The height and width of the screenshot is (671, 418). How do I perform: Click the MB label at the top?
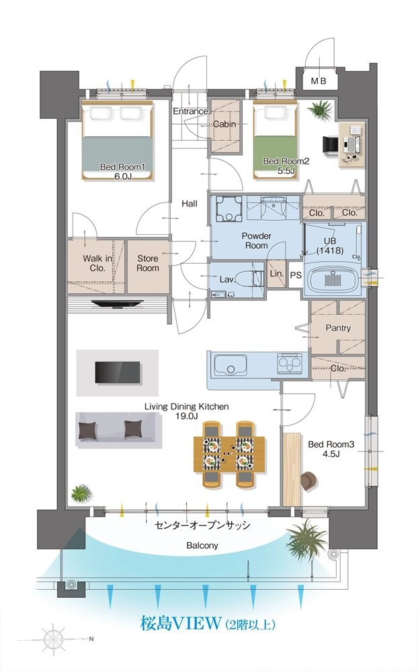[318, 81]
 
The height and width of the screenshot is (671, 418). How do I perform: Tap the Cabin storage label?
[224, 124]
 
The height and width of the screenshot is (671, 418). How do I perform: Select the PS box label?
[296, 275]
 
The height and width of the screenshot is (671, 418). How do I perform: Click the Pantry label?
[338, 328]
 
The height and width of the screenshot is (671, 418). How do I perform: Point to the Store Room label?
[148, 263]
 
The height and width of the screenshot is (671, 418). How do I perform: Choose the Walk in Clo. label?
[97, 263]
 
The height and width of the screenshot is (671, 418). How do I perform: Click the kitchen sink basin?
[231, 364]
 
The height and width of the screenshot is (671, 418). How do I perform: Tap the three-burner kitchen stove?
[290, 363]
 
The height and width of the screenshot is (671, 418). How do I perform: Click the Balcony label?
[202, 546]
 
